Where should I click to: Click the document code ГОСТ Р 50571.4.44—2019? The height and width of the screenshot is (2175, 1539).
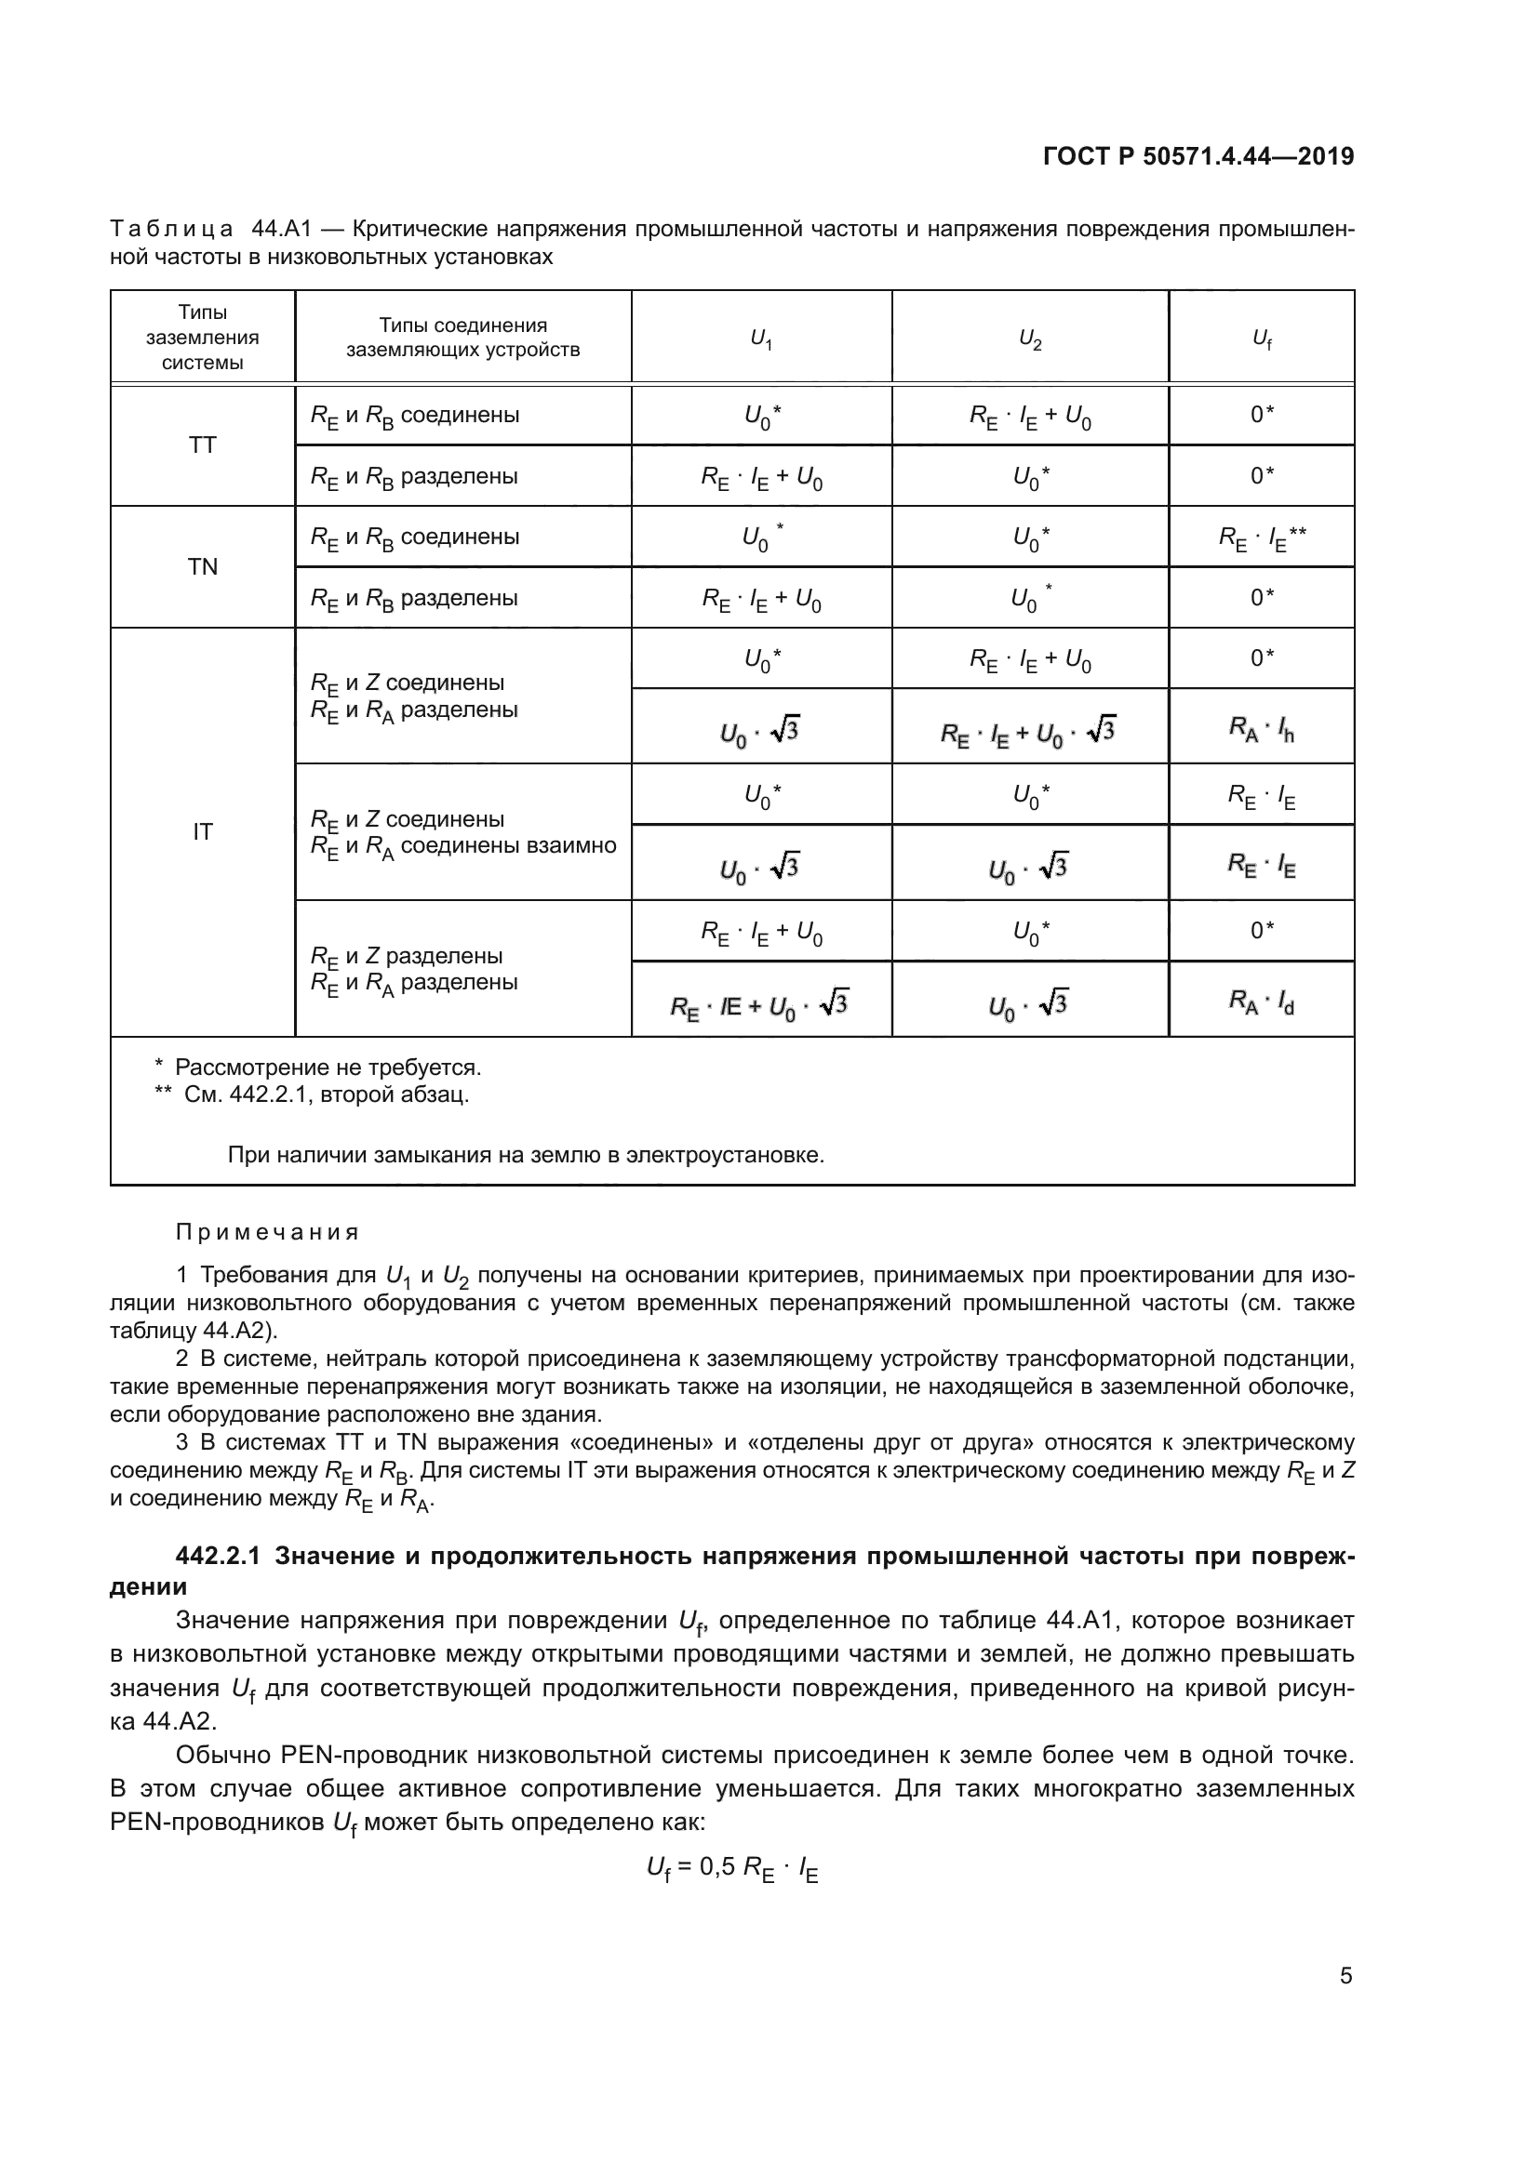1198,157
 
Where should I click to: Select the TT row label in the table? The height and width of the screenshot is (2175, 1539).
203,445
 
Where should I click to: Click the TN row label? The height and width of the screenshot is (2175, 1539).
203,566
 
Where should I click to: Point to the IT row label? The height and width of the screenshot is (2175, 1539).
203,831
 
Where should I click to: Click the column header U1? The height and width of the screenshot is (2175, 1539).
761,338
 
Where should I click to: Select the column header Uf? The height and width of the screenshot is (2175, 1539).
1262,338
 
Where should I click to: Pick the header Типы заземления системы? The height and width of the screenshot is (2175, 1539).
203,338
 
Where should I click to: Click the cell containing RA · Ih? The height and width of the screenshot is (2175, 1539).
1262,728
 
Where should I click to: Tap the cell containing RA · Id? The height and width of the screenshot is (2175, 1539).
1262,1001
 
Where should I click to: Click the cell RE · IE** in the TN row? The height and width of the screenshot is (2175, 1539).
1262,537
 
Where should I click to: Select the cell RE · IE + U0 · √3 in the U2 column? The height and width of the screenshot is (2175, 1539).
1029,731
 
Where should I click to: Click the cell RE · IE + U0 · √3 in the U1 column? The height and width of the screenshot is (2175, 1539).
760,1004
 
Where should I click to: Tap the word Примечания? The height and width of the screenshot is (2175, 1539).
267,1232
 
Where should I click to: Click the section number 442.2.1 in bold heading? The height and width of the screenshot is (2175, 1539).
218,1558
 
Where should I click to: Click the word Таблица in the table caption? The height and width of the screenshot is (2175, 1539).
171,230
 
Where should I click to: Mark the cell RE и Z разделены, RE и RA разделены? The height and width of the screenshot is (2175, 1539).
414,969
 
